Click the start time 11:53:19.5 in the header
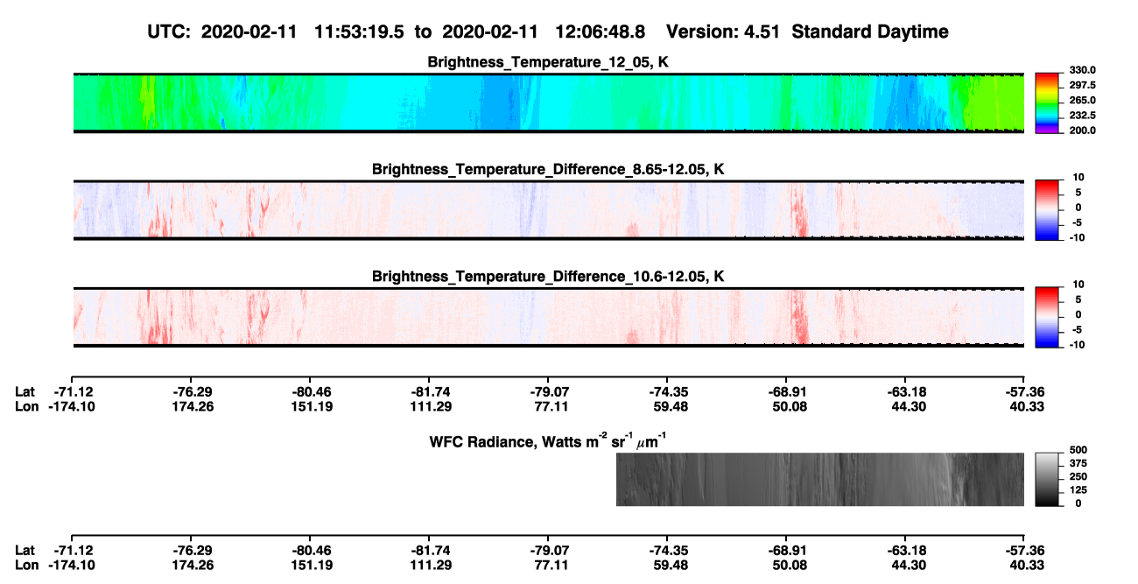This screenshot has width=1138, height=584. click(359, 32)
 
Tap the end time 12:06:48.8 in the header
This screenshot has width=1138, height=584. click(600, 32)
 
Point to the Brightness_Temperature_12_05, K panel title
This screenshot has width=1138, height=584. click(548, 62)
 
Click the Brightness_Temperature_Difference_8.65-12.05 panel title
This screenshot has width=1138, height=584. click(548, 169)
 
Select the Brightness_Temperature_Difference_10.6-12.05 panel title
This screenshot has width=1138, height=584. click(548, 277)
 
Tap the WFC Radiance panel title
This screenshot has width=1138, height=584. click(548, 441)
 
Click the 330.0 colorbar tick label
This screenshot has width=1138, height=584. click(1082, 70)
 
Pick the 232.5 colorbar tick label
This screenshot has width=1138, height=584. click(1082, 116)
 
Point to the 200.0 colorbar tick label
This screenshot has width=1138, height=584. click(1082, 130)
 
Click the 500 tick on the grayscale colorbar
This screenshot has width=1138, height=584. click(1078, 450)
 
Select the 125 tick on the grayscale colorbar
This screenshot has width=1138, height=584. click(1078, 490)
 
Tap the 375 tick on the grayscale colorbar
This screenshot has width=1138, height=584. click(1078, 463)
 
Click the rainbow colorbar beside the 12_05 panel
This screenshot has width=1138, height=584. click(1047, 103)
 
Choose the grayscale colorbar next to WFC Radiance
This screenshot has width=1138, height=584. click(1047, 479)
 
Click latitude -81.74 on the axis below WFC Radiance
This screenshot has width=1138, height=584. click(431, 551)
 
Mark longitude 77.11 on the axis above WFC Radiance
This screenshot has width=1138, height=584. click(551, 406)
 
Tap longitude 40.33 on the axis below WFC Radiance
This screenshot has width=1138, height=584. click(1027, 566)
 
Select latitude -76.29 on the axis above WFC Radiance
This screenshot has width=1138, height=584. click(193, 392)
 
